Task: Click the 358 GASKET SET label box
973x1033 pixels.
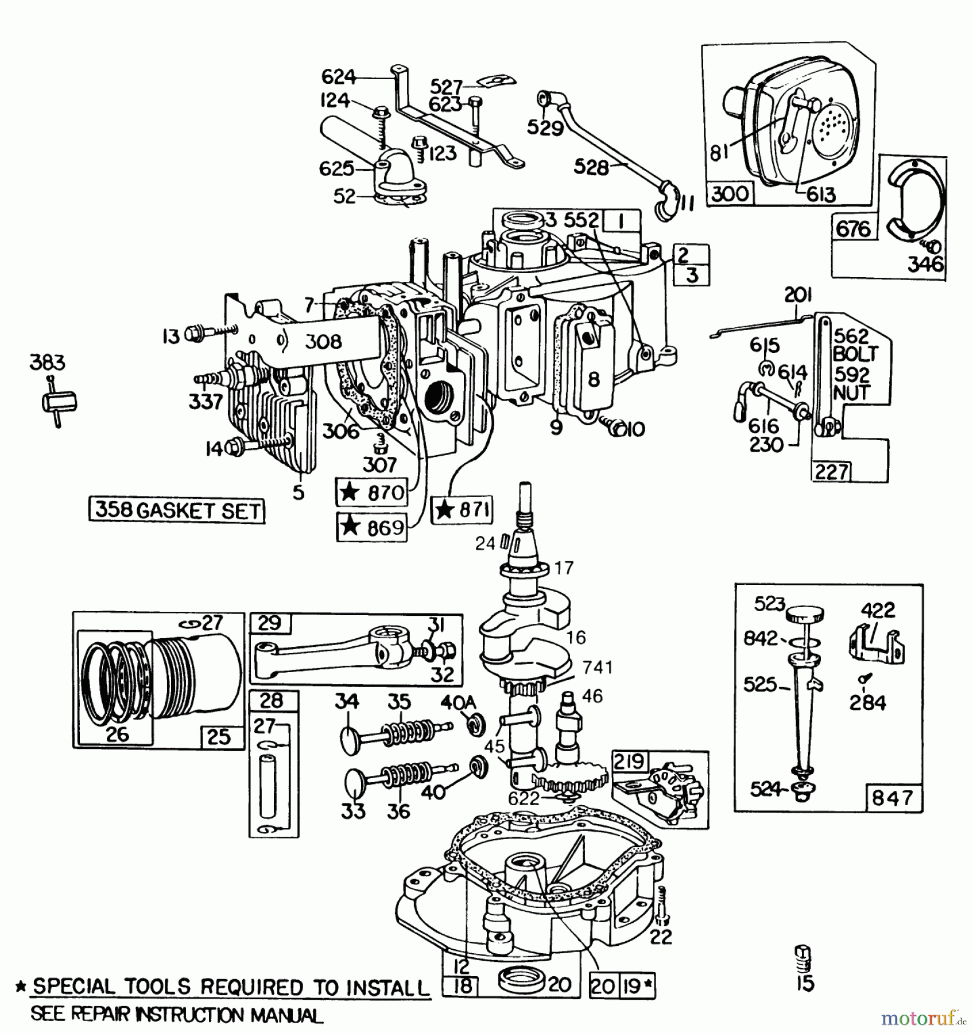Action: [177, 510]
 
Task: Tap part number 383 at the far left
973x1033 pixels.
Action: [48, 363]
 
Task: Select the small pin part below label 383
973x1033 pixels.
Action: [59, 402]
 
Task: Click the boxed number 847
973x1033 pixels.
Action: [893, 798]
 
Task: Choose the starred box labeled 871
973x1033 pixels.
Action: [463, 510]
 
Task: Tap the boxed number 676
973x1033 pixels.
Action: [853, 229]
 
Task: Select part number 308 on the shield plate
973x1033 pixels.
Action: [324, 342]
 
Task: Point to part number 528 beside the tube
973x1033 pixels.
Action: [591, 168]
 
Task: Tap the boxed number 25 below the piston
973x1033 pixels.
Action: [219, 737]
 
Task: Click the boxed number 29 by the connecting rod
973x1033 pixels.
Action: [270, 623]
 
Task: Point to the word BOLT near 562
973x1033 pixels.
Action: [855, 354]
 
